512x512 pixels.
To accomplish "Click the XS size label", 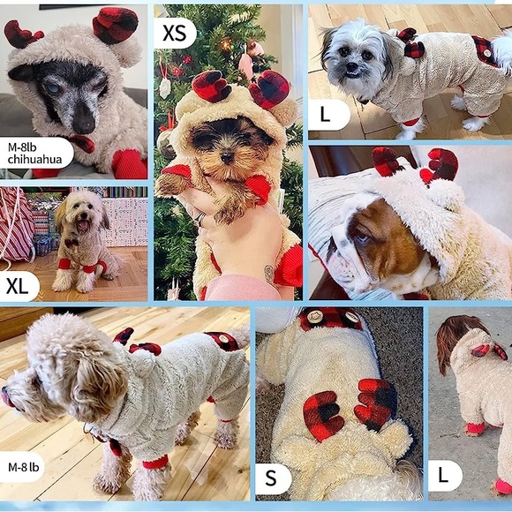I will (x=175, y=33).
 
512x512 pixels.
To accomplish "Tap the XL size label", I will (x=18, y=285).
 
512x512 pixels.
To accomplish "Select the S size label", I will (x=272, y=478).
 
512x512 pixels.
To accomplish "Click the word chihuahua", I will (x=34, y=159).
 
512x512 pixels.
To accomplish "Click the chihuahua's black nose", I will (x=84, y=123).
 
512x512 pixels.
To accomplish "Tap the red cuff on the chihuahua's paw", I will (x=130, y=163).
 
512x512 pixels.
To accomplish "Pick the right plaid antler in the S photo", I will (x=377, y=402).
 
